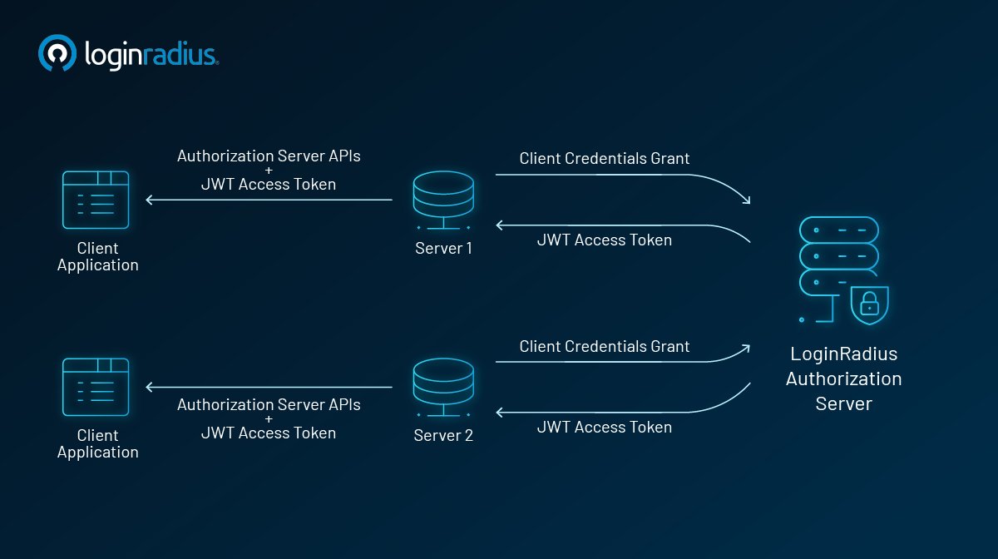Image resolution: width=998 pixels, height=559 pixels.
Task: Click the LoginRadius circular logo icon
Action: click(x=57, y=54)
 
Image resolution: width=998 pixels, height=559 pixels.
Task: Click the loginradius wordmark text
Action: click(x=151, y=55)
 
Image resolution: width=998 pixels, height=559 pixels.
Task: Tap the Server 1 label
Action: click(x=443, y=248)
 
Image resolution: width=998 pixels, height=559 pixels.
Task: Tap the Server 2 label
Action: click(x=443, y=435)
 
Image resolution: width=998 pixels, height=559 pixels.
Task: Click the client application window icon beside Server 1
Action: click(x=96, y=200)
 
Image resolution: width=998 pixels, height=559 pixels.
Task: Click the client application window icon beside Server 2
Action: click(x=96, y=387)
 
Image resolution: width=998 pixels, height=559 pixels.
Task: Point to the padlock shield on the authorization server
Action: click(x=870, y=304)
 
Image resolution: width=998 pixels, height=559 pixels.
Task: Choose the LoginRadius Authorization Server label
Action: click(x=843, y=378)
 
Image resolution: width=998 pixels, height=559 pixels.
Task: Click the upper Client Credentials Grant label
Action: click(x=605, y=158)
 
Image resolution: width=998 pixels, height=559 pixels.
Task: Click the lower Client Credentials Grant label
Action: click(x=605, y=346)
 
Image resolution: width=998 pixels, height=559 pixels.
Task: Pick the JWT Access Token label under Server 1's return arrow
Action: click(x=605, y=240)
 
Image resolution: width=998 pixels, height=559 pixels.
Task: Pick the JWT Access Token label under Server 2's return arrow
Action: click(x=605, y=427)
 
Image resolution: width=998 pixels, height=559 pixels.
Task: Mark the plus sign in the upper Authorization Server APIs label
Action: click(x=269, y=170)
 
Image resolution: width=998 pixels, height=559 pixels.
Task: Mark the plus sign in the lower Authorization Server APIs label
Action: click(x=269, y=418)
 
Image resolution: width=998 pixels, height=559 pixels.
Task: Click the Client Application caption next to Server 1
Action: click(x=97, y=256)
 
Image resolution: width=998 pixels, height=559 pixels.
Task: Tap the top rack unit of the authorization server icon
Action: click(x=838, y=229)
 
